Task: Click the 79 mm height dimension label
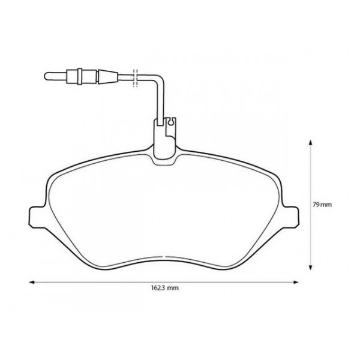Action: (322, 205)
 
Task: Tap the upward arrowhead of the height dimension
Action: (310, 142)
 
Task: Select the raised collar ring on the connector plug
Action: (74, 76)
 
